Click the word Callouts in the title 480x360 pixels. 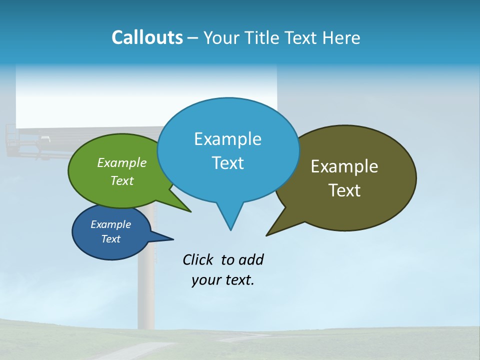[147, 37]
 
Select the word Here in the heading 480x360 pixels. [341, 37]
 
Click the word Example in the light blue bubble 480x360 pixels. [227, 139]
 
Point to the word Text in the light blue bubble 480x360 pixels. [227, 163]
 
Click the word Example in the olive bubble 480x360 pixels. [344, 166]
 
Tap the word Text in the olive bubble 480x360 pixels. [344, 190]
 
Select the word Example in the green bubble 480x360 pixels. [121, 162]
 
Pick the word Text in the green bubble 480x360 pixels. [121, 180]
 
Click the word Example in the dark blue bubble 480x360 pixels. [110, 224]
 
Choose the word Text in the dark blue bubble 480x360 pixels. [110, 239]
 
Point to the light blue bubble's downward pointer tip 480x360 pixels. [230, 227]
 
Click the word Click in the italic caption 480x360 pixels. [198, 259]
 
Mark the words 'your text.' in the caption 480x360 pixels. [223, 280]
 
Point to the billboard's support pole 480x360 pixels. [148, 290]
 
